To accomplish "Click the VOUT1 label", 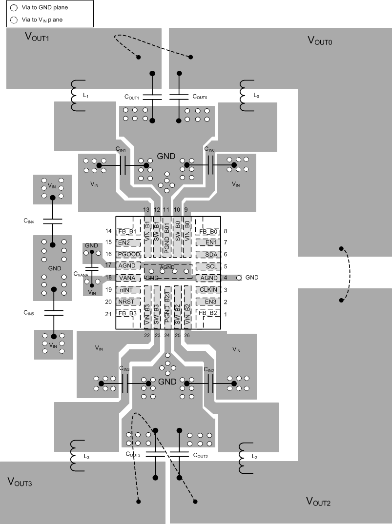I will point(37,38).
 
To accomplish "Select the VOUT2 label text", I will point(318,501).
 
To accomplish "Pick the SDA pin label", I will point(211,254).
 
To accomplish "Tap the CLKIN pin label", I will point(208,290).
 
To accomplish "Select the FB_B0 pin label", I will point(208,231).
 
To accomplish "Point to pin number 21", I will point(109,314).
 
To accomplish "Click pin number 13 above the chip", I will point(146,209).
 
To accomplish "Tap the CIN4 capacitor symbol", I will point(52,221).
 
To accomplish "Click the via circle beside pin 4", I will point(239,278).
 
